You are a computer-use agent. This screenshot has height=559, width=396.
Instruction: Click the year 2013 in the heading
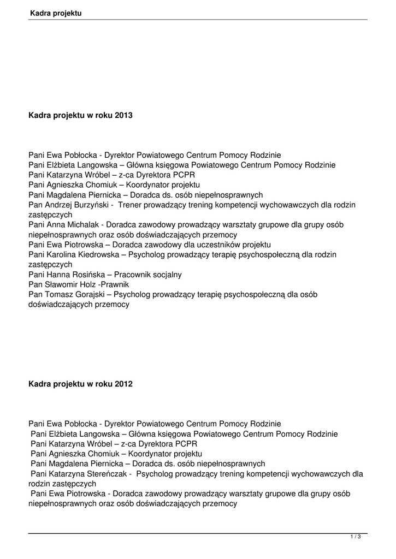pyautogui.click(x=124, y=115)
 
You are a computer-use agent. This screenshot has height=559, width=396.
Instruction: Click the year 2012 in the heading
pyautogui.click(x=124, y=384)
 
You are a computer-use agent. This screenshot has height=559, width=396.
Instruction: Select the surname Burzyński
pyautogui.click(x=91, y=205)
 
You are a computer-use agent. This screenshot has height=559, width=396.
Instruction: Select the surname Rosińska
pyautogui.click(x=87, y=274)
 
